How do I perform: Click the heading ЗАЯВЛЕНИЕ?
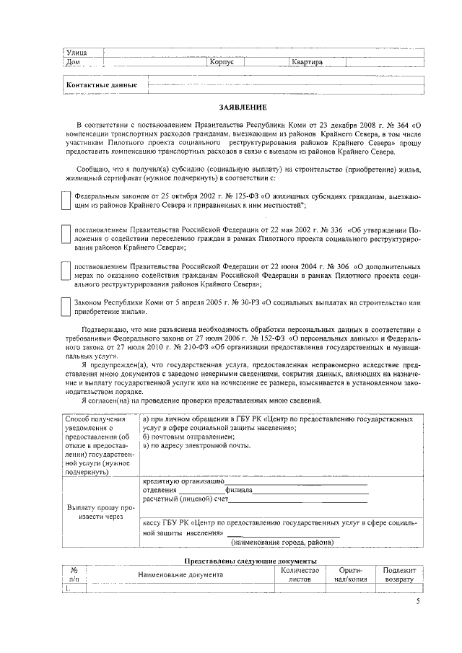coord(243,108)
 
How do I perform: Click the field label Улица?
coord(77,52)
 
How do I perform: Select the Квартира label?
coord(307,63)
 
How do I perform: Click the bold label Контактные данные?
coord(102,85)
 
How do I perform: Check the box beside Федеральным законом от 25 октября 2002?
coord(65,201)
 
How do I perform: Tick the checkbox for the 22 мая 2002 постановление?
coord(65,236)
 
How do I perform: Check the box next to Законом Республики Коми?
coord(65,307)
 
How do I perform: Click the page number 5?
coord(417,602)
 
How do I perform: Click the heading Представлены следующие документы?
coord(250,561)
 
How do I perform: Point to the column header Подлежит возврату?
coord(399,574)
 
